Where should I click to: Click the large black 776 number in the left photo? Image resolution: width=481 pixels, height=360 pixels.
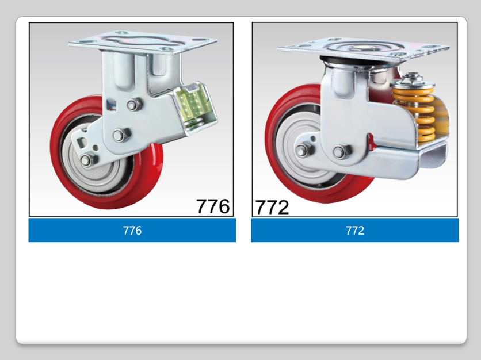212,206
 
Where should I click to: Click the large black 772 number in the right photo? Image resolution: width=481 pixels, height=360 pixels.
272,207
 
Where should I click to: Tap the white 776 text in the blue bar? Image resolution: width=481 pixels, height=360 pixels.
132,231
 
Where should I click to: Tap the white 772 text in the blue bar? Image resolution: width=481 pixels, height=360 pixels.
355,231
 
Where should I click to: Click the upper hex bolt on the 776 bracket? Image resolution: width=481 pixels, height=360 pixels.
133,105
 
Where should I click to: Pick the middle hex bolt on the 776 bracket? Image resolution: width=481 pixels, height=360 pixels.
121,135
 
